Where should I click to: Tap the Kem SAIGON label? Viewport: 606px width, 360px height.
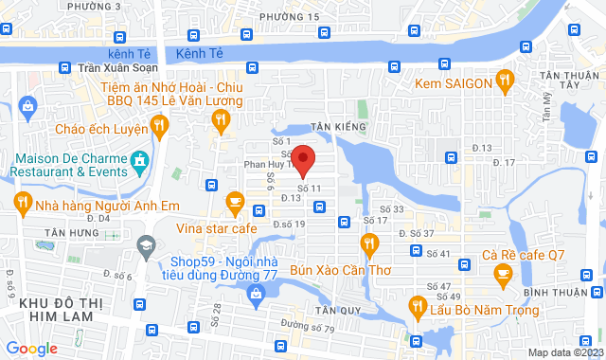click(452, 84)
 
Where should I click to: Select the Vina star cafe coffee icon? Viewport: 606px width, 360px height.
click(235, 201)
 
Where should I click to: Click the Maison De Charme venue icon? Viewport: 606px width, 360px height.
click(140, 159)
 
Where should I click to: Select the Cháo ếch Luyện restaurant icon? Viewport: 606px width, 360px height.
click(159, 124)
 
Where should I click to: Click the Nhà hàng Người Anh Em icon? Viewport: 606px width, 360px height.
click(21, 202)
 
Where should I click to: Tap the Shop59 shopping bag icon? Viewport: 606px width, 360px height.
click(255, 297)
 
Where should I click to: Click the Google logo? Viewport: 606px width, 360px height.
click(30, 348)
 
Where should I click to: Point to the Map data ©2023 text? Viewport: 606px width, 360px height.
click(563, 352)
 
